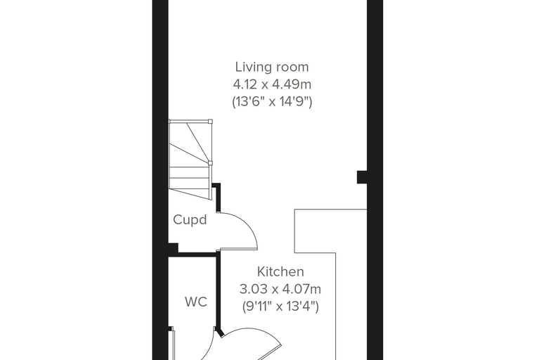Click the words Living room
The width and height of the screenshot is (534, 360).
pyautogui.click(x=272, y=67)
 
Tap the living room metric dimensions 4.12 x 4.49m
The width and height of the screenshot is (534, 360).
pyautogui.click(x=272, y=84)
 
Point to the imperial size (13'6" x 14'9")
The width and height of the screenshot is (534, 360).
pyautogui.click(x=272, y=101)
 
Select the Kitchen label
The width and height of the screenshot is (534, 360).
pyautogui.click(x=280, y=271)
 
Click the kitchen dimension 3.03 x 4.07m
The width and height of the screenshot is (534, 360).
pyautogui.click(x=280, y=289)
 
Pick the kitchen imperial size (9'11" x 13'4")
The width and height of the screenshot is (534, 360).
pyautogui.click(x=280, y=307)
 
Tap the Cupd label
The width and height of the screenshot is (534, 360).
pyautogui.click(x=190, y=219)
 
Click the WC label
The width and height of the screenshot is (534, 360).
pyautogui.click(x=196, y=302)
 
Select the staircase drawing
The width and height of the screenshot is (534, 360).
pyautogui.click(x=190, y=160)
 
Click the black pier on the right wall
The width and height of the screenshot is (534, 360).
pyautogui.click(x=362, y=177)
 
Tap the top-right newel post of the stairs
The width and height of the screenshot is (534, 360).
pyautogui.click(x=210, y=121)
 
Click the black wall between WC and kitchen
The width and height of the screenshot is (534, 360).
pyautogui.click(x=218, y=290)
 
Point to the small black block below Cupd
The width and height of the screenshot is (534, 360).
pyautogui.click(x=173, y=247)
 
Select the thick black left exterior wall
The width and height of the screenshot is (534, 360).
pyautogui.click(x=160, y=180)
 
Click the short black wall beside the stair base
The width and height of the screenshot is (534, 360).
pyautogui.click(x=217, y=198)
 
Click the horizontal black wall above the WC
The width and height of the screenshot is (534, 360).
pyautogui.click(x=197, y=255)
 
